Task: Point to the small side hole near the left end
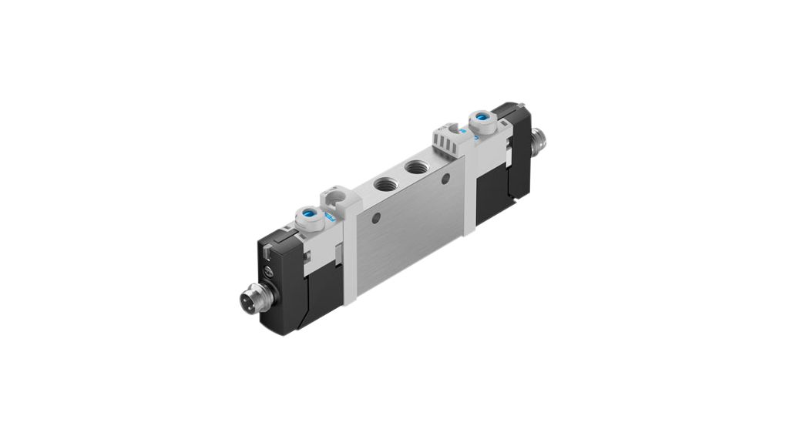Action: pos(375,219)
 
